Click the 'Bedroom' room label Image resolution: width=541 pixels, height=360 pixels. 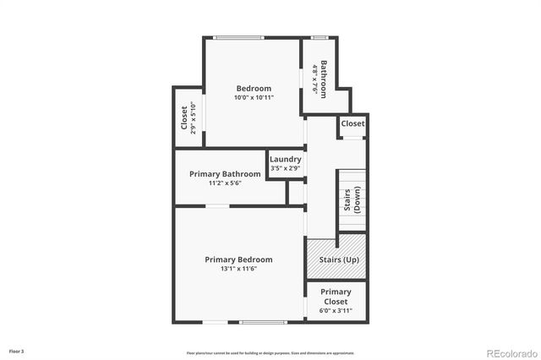pos(254,89)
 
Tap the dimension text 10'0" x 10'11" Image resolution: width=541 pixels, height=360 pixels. pos(254,98)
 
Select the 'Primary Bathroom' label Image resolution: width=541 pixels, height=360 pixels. pos(225,174)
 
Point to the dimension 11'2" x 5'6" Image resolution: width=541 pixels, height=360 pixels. pos(225,183)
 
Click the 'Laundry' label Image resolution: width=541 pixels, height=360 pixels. pos(286,159)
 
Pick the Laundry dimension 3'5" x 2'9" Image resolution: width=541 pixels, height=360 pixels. pos(286,168)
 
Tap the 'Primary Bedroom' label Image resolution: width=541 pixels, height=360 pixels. pos(238,259)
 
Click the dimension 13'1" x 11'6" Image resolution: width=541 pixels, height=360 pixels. pos(238,269)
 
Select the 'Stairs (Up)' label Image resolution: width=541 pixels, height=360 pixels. pos(336,259)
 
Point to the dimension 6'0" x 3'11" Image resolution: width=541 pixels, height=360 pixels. pos(336,311)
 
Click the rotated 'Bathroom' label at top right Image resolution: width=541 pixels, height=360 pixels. pos(324,77)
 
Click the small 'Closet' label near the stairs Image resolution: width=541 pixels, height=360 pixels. pos(352,123)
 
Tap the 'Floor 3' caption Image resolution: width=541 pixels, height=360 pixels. pos(17,351)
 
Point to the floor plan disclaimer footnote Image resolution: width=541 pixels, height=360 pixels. pos(270,352)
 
